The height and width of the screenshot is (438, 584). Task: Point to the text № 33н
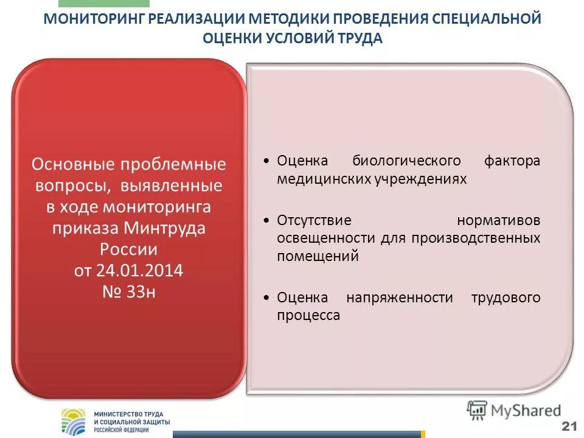click(128, 292)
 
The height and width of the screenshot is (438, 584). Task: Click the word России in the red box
click(128, 249)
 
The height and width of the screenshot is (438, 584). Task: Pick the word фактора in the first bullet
click(512, 161)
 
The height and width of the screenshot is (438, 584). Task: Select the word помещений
click(318, 256)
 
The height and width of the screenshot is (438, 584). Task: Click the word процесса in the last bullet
click(308, 316)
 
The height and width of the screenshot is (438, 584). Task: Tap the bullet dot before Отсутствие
click(267, 220)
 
